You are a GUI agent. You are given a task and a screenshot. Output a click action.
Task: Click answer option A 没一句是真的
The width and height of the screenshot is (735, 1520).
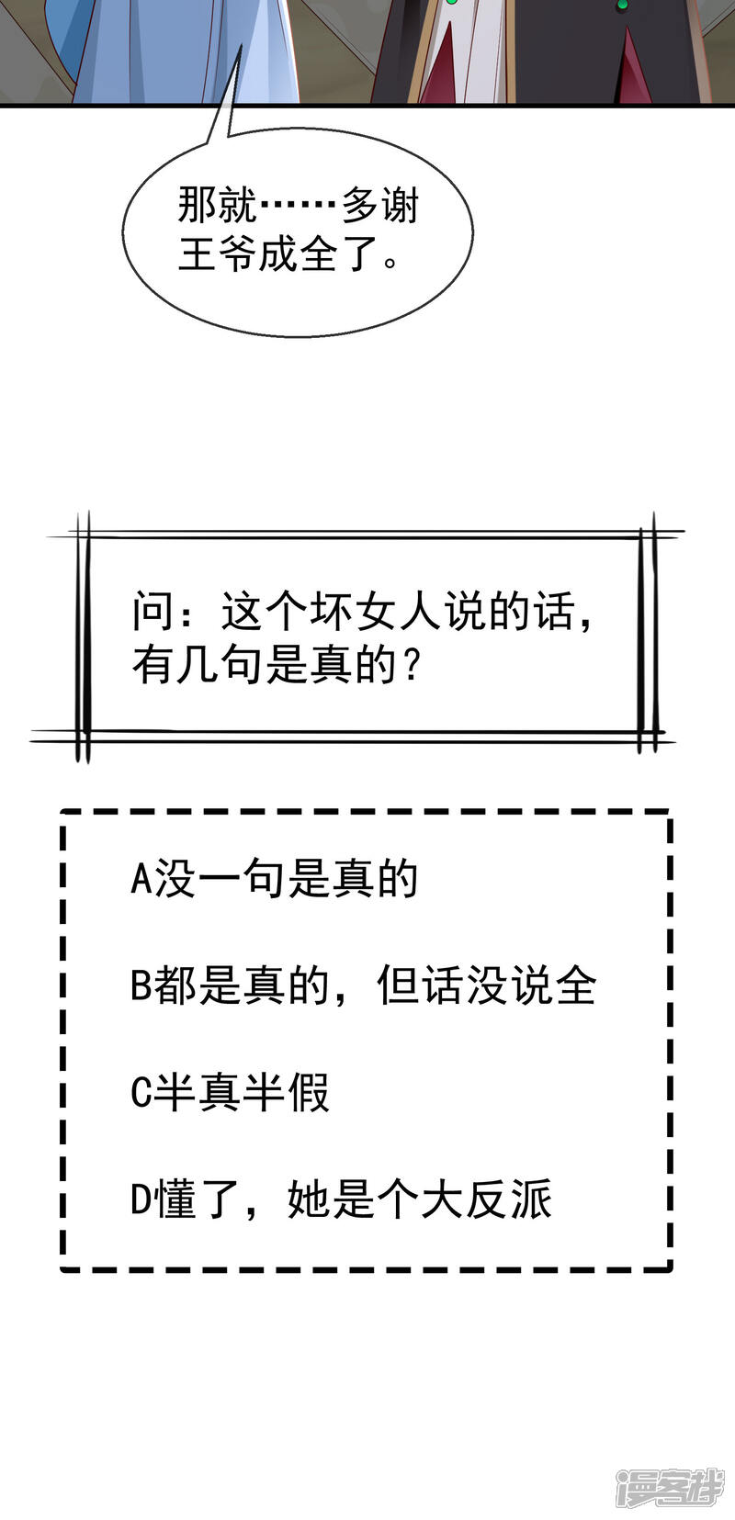[274, 879]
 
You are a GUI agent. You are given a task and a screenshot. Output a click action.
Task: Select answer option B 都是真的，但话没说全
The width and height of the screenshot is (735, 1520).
[364, 986]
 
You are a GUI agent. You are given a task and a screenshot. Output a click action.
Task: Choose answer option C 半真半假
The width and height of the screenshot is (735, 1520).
[230, 1093]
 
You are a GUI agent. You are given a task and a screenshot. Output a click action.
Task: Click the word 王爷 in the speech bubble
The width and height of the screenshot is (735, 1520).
[217, 253]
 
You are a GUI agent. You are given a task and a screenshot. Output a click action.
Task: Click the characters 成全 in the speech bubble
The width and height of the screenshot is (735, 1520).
[298, 253]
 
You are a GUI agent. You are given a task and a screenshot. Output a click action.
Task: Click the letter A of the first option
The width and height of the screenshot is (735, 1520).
[141, 879]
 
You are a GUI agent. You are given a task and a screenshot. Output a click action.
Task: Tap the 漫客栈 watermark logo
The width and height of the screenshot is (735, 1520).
[670, 1485]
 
